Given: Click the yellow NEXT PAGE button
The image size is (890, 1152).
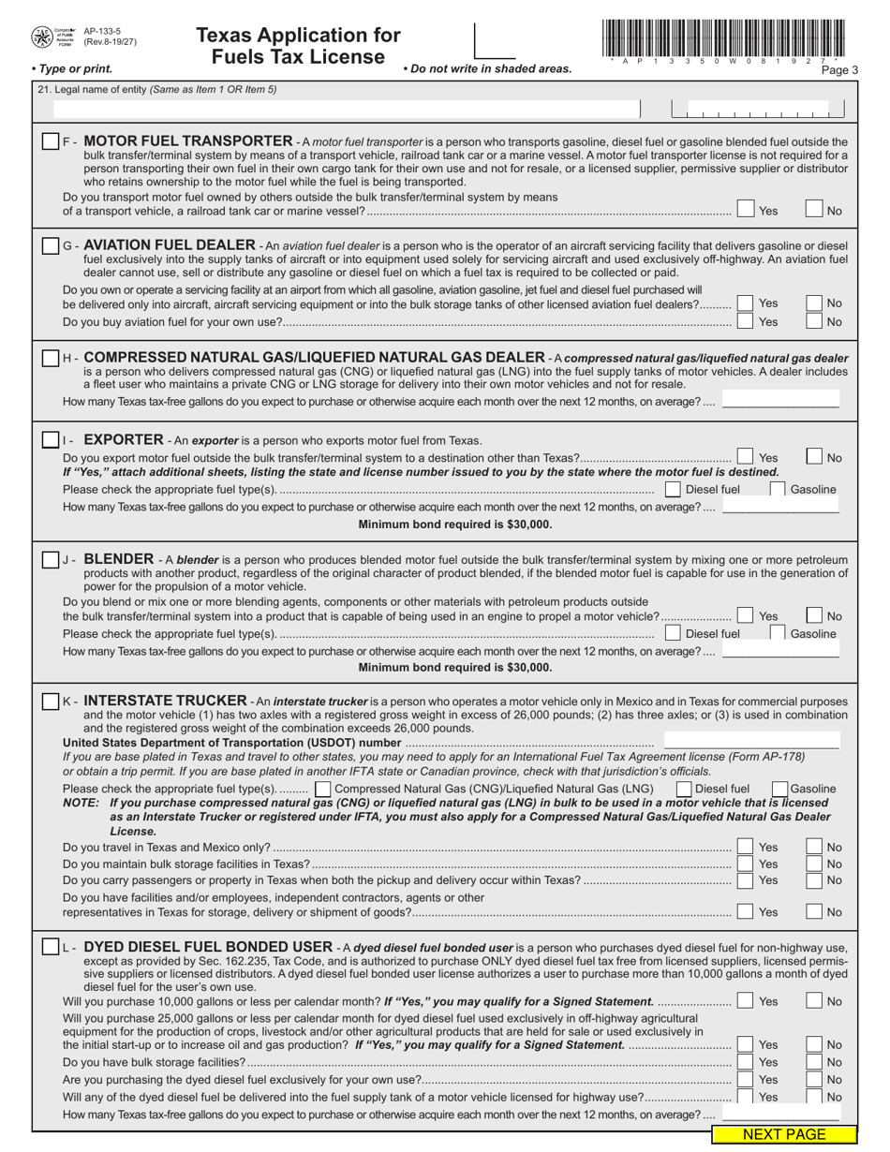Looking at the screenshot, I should tap(784, 1134).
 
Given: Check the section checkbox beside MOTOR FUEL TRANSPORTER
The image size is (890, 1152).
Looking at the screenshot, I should tap(51, 141).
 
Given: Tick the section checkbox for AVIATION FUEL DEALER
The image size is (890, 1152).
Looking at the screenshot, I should tap(51, 245).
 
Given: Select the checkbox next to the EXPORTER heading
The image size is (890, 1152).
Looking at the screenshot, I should tap(51, 439).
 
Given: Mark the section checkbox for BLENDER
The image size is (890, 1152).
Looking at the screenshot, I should tap(51, 559).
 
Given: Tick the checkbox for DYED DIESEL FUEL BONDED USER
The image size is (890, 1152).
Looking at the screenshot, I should tap(51, 947).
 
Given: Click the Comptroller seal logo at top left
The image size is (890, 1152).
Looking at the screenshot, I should tap(43, 37).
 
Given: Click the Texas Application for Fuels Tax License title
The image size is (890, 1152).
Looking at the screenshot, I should tap(298, 46).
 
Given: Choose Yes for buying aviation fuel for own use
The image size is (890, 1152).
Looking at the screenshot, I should tap(745, 321).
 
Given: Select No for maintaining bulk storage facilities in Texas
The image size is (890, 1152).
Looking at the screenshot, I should tap(814, 864).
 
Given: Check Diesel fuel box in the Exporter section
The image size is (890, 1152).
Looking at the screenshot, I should tap(673, 489).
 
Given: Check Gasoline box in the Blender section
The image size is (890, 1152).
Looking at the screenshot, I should tap(777, 633).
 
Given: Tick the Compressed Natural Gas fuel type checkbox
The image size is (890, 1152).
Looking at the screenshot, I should tap(322, 789).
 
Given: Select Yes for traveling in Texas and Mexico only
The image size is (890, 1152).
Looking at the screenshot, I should tap(745, 847).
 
